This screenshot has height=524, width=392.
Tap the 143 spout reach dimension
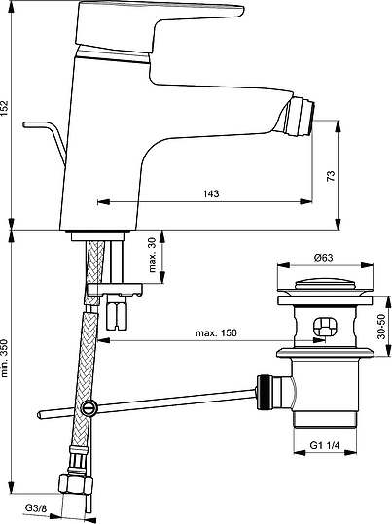[211, 193]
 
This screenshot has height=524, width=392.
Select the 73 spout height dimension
[330, 176]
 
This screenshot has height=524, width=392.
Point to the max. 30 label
[152, 255]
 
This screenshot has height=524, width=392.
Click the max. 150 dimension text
[216, 332]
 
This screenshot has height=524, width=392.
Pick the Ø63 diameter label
[324, 258]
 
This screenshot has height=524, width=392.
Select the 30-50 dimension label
[381, 327]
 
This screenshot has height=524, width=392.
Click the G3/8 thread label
[36, 508]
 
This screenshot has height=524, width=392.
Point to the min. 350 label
[4, 359]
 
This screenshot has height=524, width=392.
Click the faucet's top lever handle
[158, 23]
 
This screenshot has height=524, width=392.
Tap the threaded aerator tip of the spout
[301, 117]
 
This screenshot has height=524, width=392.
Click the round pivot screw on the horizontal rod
[89, 407]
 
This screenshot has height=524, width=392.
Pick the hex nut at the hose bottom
[76, 484]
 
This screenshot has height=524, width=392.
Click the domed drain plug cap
[325, 285]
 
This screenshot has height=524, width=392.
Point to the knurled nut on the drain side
[264, 392]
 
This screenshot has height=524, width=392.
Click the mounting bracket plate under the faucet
[114, 290]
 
